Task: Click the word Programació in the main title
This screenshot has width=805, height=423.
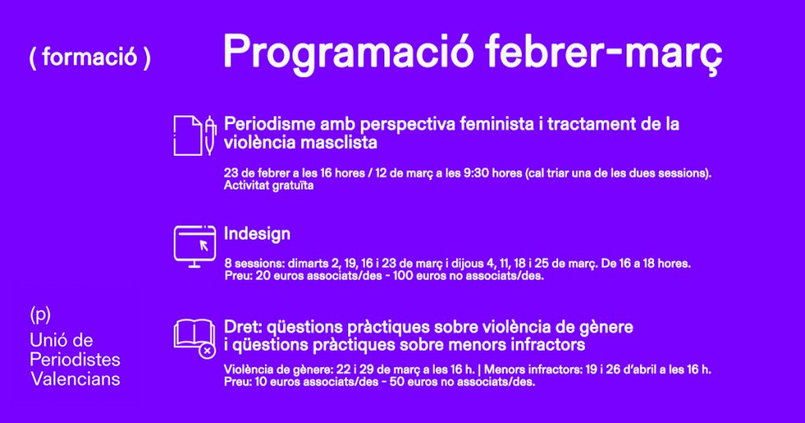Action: pyautogui.click(x=348, y=52)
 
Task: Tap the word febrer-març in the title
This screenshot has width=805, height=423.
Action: pyautogui.click(x=603, y=52)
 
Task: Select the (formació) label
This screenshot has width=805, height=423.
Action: pyautogui.click(x=90, y=57)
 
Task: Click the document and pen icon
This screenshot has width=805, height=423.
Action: pyautogui.click(x=195, y=135)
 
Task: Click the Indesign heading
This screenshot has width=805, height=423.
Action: pyautogui.click(x=257, y=234)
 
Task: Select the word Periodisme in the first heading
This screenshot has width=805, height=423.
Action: pyautogui.click(x=270, y=123)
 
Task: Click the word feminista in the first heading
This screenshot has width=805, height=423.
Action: pyautogui.click(x=497, y=123)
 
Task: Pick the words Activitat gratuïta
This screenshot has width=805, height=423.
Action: pyautogui.click(x=269, y=186)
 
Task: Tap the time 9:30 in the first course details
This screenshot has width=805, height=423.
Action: pyautogui.click(x=476, y=173)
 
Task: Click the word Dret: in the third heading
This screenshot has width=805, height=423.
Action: pyautogui.click(x=243, y=327)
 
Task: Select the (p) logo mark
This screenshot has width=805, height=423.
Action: pyautogui.click(x=40, y=314)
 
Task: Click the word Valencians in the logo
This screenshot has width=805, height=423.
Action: pyautogui.click(x=75, y=379)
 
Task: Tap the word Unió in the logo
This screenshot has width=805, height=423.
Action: pyautogui.click(x=47, y=340)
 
